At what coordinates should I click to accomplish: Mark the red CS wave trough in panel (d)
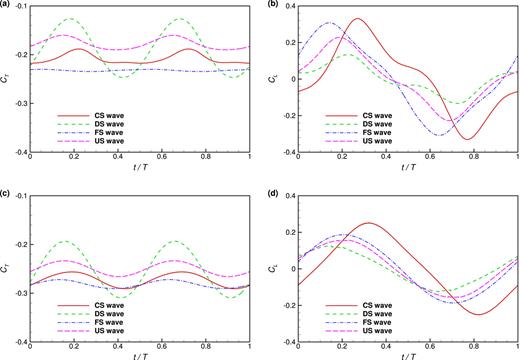pyautogui.click(x=482, y=315)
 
